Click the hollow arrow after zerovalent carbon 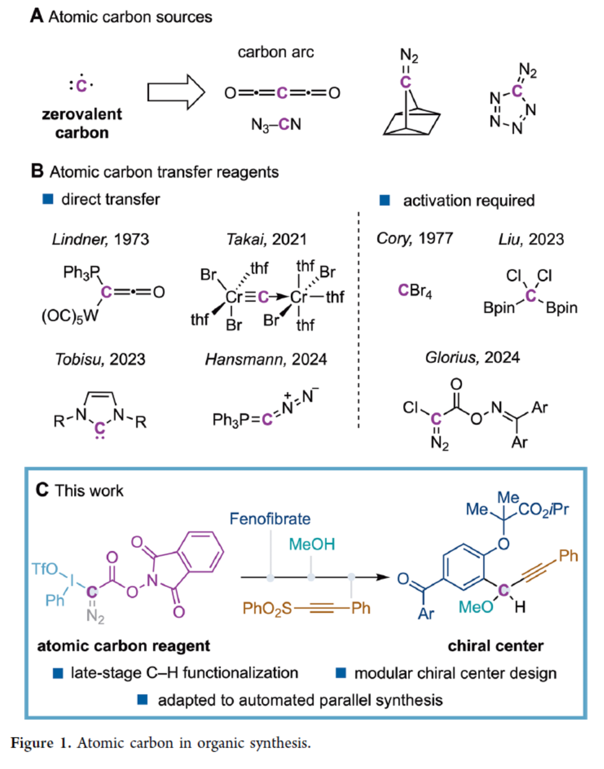tap(175, 92)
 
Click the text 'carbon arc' tap(275, 52)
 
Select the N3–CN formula tap(276, 125)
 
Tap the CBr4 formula tap(415, 291)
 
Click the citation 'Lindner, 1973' tap(100, 239)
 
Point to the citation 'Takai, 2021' tap(266, 239)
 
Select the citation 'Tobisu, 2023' tap(100, 359)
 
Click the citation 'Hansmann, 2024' tap(266, 359)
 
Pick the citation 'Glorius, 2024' tap(472, 357)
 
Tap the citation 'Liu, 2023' tap(531, 239)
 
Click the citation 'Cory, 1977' tap(414, 238)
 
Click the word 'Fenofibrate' tap(270, 519)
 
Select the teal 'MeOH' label tap(312, 544)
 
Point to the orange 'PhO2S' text tap(267, 608)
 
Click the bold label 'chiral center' tap(495, 646)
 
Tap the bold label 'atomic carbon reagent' tap(123, 646)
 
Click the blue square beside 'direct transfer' tap(48, 199)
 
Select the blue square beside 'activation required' tap(385, 200)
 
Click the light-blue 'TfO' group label tap(45, 569)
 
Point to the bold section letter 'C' tap(42, 490)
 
